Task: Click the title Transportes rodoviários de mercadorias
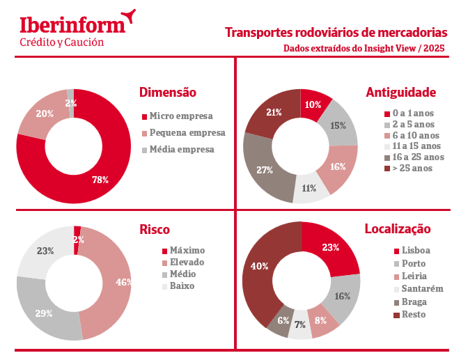click(336, 33)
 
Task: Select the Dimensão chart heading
click(168, 92)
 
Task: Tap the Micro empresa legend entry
click(180, 116)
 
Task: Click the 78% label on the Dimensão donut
click(100, 180)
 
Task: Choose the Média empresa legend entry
click(181, 149)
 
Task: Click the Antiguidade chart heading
click(400, 92)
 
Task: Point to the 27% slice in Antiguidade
click(264, 170)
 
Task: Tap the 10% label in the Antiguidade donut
click(313, 104)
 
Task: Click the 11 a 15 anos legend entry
click(416, 146)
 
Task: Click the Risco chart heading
click(155, 230)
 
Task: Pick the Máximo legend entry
click(187, 250)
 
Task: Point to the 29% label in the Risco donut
click(43, 313)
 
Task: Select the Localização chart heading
click(398, 229)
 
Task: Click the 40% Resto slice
click(258, 266)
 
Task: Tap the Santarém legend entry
click(418, 289)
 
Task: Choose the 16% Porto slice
click(343, 296)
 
